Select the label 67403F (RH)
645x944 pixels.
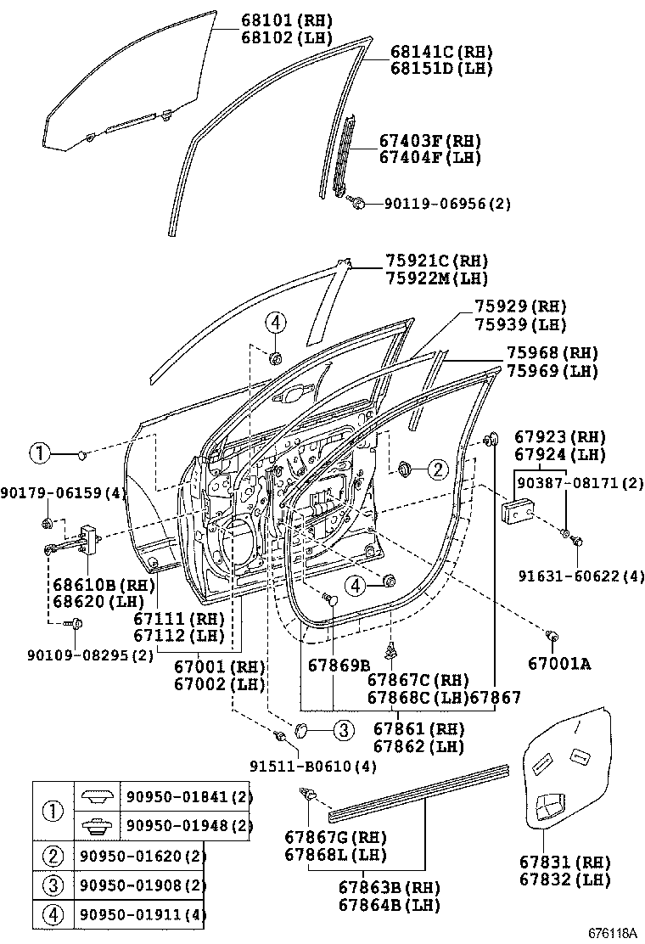click(x=429, y=141)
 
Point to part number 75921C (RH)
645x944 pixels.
click(x=436, y=261)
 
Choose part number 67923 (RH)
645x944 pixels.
click(x=560, y=437)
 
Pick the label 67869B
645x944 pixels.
click(x=339, y=664)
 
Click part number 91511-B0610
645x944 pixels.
click(x=312, y=766)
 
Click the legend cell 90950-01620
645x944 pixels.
click(x=141, y=856)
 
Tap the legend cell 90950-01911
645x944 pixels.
click(x=141, y=915)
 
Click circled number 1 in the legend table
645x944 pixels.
click(x=53, y=811)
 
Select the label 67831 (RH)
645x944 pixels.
click(x=564, y=863)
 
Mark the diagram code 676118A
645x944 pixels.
click(x=613, y=933)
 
